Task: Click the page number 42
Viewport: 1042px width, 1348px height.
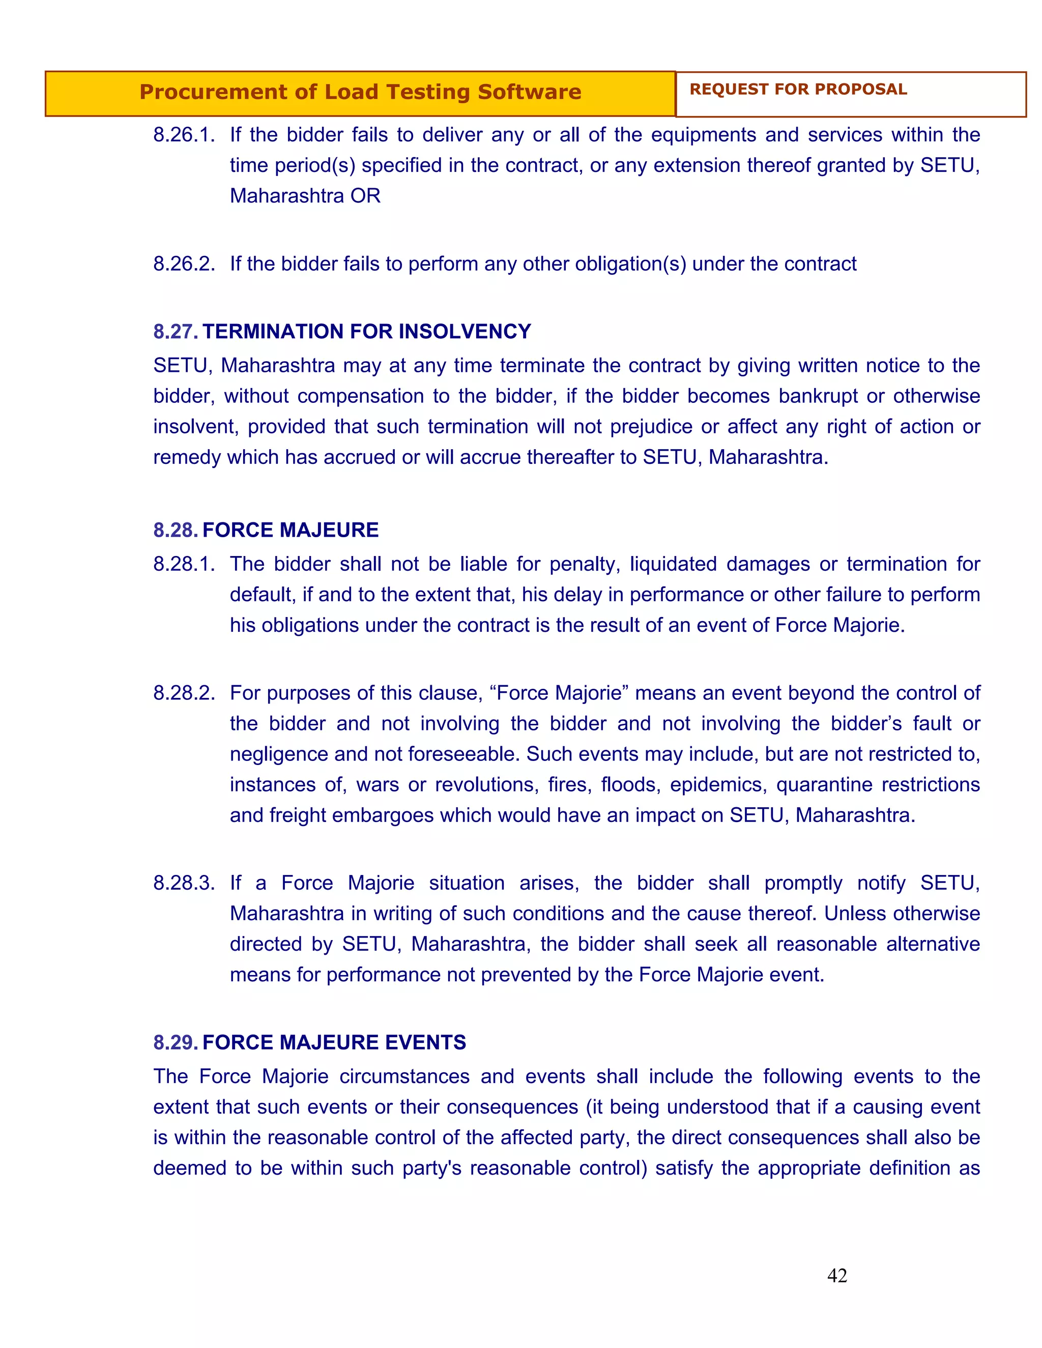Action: pyautogui.click(x=836, y=1276)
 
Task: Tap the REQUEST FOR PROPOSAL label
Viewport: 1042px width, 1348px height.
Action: pyautogui.click(x=798, y=90)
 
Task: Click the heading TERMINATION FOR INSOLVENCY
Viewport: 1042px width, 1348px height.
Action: pyautogui.click(x=367, y=332)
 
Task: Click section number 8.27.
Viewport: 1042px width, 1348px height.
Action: pyautogui.click(x=176, y=332)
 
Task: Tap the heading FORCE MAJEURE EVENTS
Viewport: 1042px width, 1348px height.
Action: pyautogui.click(x=334, y=1042)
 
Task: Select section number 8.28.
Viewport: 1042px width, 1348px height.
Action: pyautogui.click(x=176, y=530)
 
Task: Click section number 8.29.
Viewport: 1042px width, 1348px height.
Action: pyautogui.click(x=176, y=1042)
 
